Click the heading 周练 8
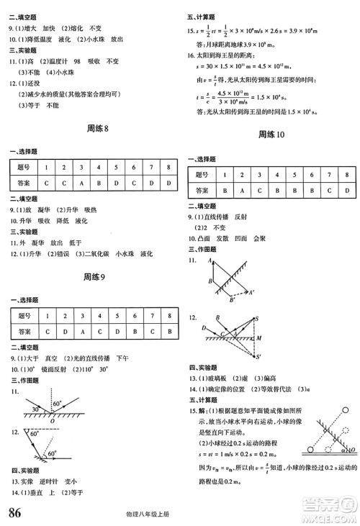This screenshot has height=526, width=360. (x=96, y=129)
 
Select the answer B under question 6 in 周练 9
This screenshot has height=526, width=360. (x=133, y=332)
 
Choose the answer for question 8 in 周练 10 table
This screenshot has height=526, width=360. (x=347, y=191)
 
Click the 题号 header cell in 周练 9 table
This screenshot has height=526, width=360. (x=24, y=315)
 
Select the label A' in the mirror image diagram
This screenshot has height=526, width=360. (x=251, y=292)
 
